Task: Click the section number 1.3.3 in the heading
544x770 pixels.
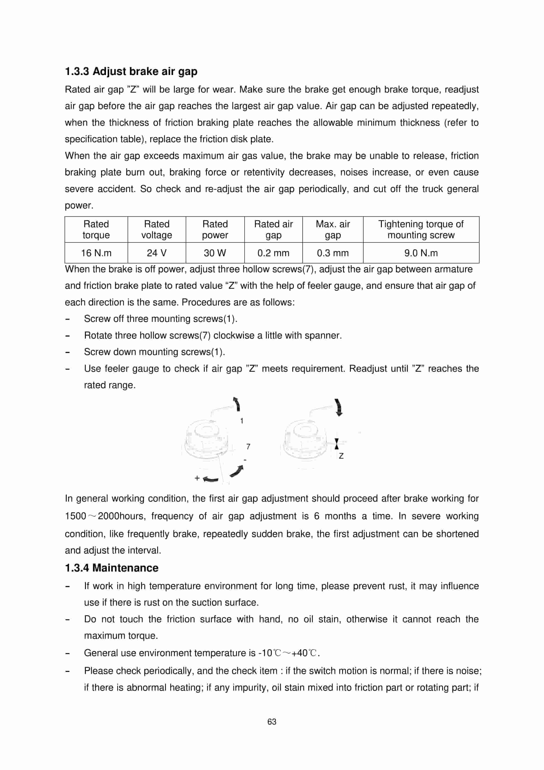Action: [77, 71]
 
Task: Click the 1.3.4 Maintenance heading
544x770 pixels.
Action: [111, 568]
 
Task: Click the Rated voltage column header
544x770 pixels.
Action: [156, 229]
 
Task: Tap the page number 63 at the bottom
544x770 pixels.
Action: [272, 722]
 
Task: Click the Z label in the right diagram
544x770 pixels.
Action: [341, 456]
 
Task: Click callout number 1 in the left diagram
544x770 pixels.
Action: [242, 420]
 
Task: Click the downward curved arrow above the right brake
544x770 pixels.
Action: [339, 407]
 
